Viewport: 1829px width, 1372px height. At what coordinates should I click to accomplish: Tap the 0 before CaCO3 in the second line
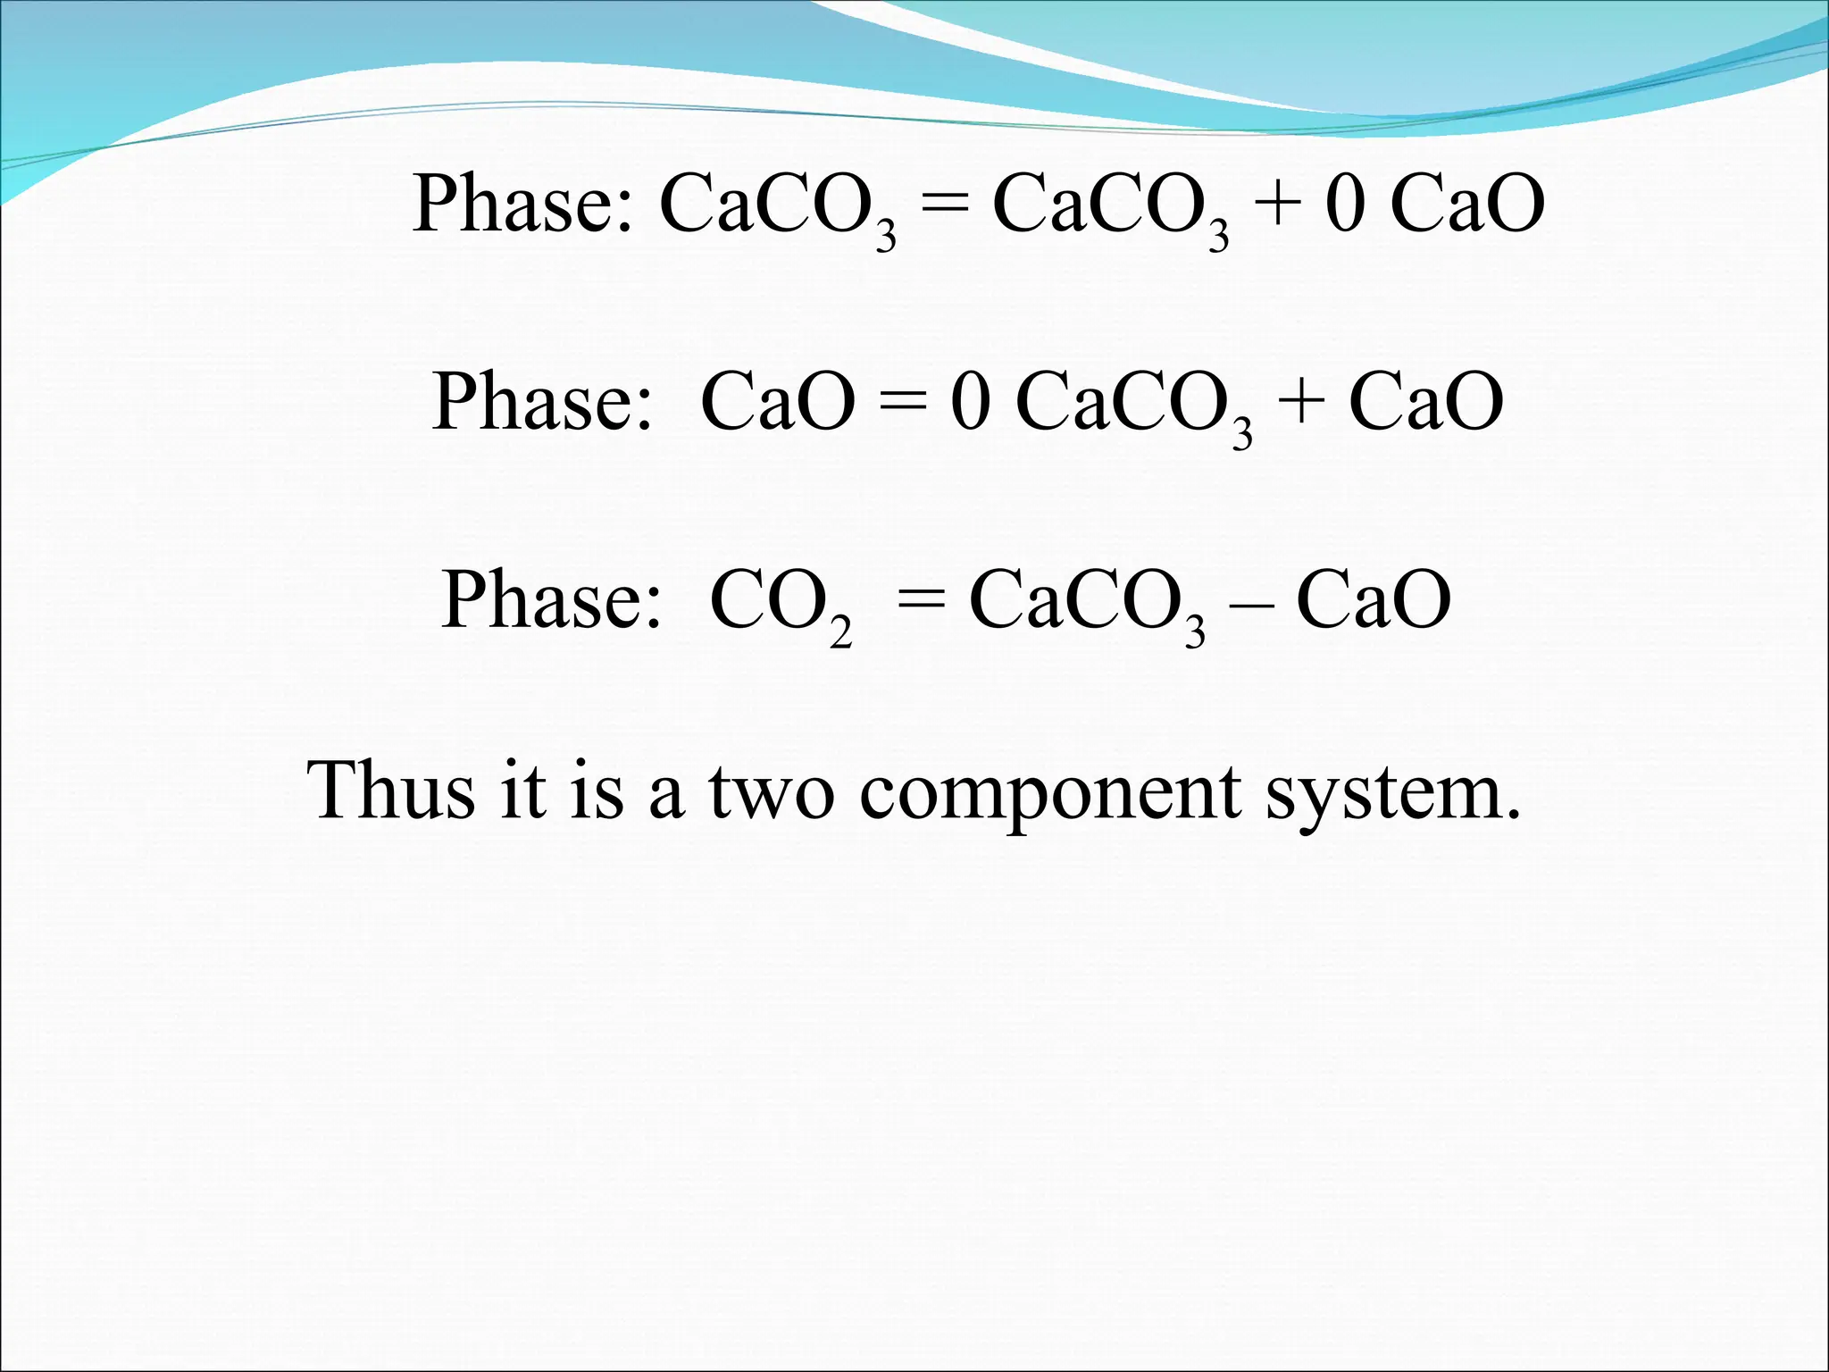click(x=971, y=402)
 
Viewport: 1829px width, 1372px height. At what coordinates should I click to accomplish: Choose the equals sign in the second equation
click(x=902, y=402)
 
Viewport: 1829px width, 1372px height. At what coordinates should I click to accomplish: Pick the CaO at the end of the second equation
click(x=1426, y=402)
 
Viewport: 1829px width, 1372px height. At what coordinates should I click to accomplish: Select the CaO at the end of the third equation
click(x=1374, y=600)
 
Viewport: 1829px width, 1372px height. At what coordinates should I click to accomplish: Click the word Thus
click(x=390, y=791)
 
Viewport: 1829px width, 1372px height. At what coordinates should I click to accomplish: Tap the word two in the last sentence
click(x=772, y=791)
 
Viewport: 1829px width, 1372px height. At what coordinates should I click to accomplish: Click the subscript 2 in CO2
click(x=840, y=632)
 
